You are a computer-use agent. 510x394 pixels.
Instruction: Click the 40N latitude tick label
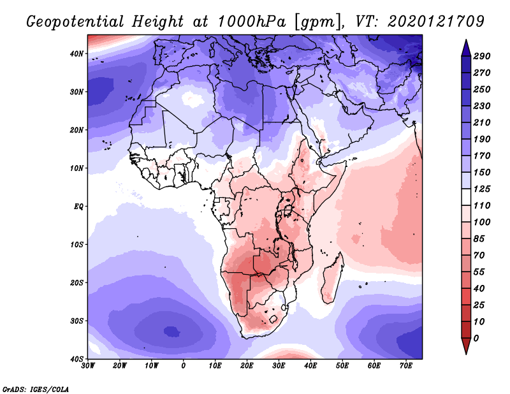point(76,53)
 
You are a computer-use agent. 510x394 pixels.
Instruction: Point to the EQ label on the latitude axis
point(77,207)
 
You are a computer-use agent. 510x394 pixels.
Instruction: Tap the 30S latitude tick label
point(76,321)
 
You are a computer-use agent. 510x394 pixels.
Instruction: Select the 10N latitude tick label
point(76,168)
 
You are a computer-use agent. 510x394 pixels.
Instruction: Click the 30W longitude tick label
point(88,366)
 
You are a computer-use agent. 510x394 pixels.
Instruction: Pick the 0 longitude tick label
point(184,366)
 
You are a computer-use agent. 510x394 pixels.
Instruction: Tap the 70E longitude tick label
point(406,366)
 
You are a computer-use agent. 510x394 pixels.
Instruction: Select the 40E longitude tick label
point(310,366)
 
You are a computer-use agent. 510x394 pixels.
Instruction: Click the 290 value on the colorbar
point(481,57)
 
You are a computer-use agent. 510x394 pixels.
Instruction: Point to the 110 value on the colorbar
point(481,207)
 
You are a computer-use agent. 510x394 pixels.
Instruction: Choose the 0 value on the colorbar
point(476,338)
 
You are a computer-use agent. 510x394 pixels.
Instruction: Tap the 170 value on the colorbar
point(481,157)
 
